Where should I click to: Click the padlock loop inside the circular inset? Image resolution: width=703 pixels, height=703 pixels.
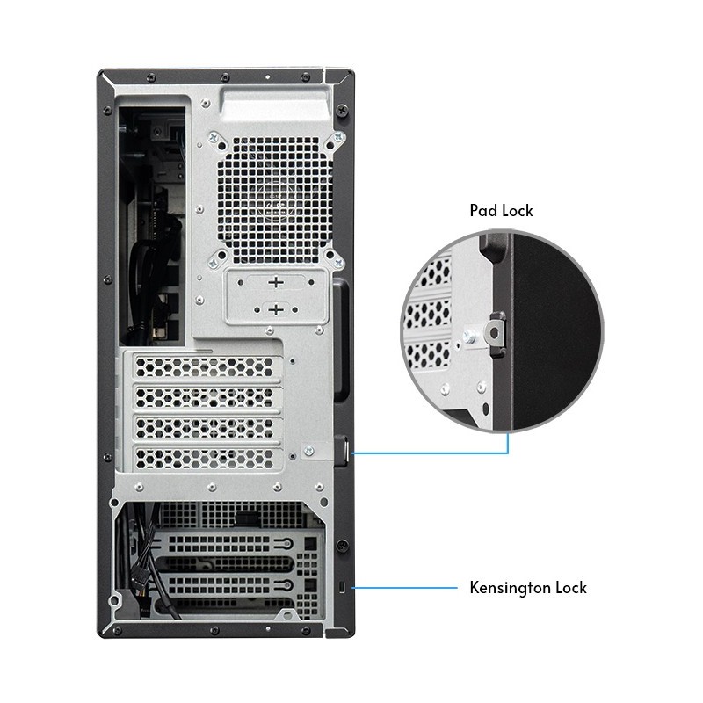click(496, 332)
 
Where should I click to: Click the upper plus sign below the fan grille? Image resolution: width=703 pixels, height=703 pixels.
click(277, 283)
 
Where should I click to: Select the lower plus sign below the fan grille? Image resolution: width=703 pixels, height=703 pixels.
click(277, 309)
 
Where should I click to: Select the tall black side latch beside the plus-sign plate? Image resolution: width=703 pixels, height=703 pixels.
click(340, 334)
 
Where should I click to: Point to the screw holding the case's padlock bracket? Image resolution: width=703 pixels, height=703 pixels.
click(309, 451)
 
